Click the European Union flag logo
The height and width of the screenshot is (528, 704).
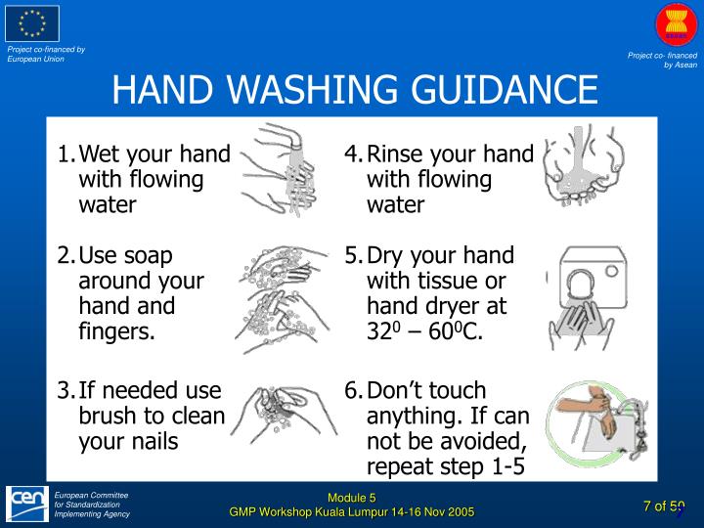(x=32, y=23)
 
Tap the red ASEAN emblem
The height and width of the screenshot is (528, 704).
(x=676, y=25)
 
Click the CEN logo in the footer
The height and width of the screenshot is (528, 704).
(x=27, y=504)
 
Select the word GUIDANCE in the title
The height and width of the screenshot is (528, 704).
(x=505, y=88)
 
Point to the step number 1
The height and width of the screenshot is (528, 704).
(x=66, y=154)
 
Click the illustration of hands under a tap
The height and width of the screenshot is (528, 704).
(x=280, y=170)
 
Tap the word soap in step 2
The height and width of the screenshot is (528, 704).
(x=148, y=256)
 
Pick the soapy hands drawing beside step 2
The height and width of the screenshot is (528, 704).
(x=283, y=299)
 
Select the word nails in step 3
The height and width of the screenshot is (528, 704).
(x=154, y=441)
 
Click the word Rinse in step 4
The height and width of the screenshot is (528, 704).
(x=395, y=154)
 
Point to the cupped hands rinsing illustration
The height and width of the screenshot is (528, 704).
(x=584, y=165)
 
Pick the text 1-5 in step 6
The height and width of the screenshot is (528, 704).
(x=508, y=466)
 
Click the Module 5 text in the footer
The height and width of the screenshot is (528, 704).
(x=352, y=498)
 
